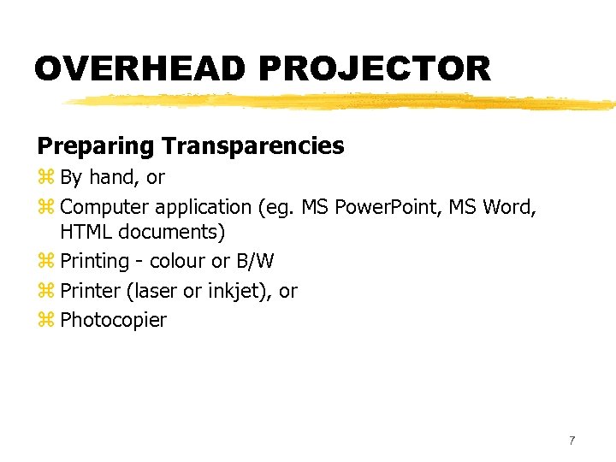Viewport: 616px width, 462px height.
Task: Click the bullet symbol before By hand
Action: (x=45, y=178)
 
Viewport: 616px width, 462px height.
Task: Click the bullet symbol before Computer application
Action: (x=45, y=207)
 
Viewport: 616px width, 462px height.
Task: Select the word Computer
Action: (x=104, y=207)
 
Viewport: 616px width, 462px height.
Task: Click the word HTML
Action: (x=86, y=232)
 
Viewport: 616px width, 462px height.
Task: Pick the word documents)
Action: (x=171, y=232)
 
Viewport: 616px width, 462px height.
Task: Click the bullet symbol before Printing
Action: (x=45, y=261)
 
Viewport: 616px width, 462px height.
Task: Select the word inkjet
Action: (x=242, y=291)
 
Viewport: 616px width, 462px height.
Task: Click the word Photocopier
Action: (x=114, y=321)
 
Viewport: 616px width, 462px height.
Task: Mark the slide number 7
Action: (x=572, y=441)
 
